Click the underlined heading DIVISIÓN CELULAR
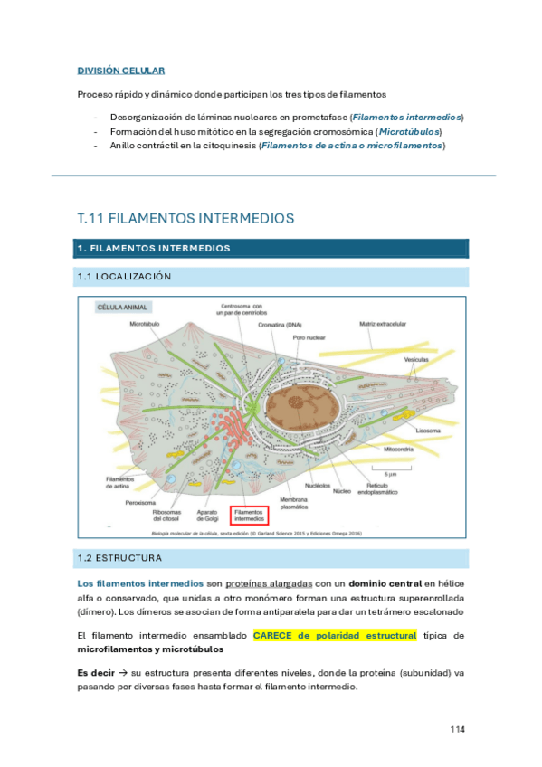coord(120,70)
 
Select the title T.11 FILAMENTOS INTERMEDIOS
coord(185,218)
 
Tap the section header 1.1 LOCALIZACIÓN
coord(125,276)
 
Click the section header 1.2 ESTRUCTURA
coord(119,558)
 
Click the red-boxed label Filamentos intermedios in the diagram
coord(251,515)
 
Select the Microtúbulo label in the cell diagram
coord(147,323)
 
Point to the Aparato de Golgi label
coord(207,515)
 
